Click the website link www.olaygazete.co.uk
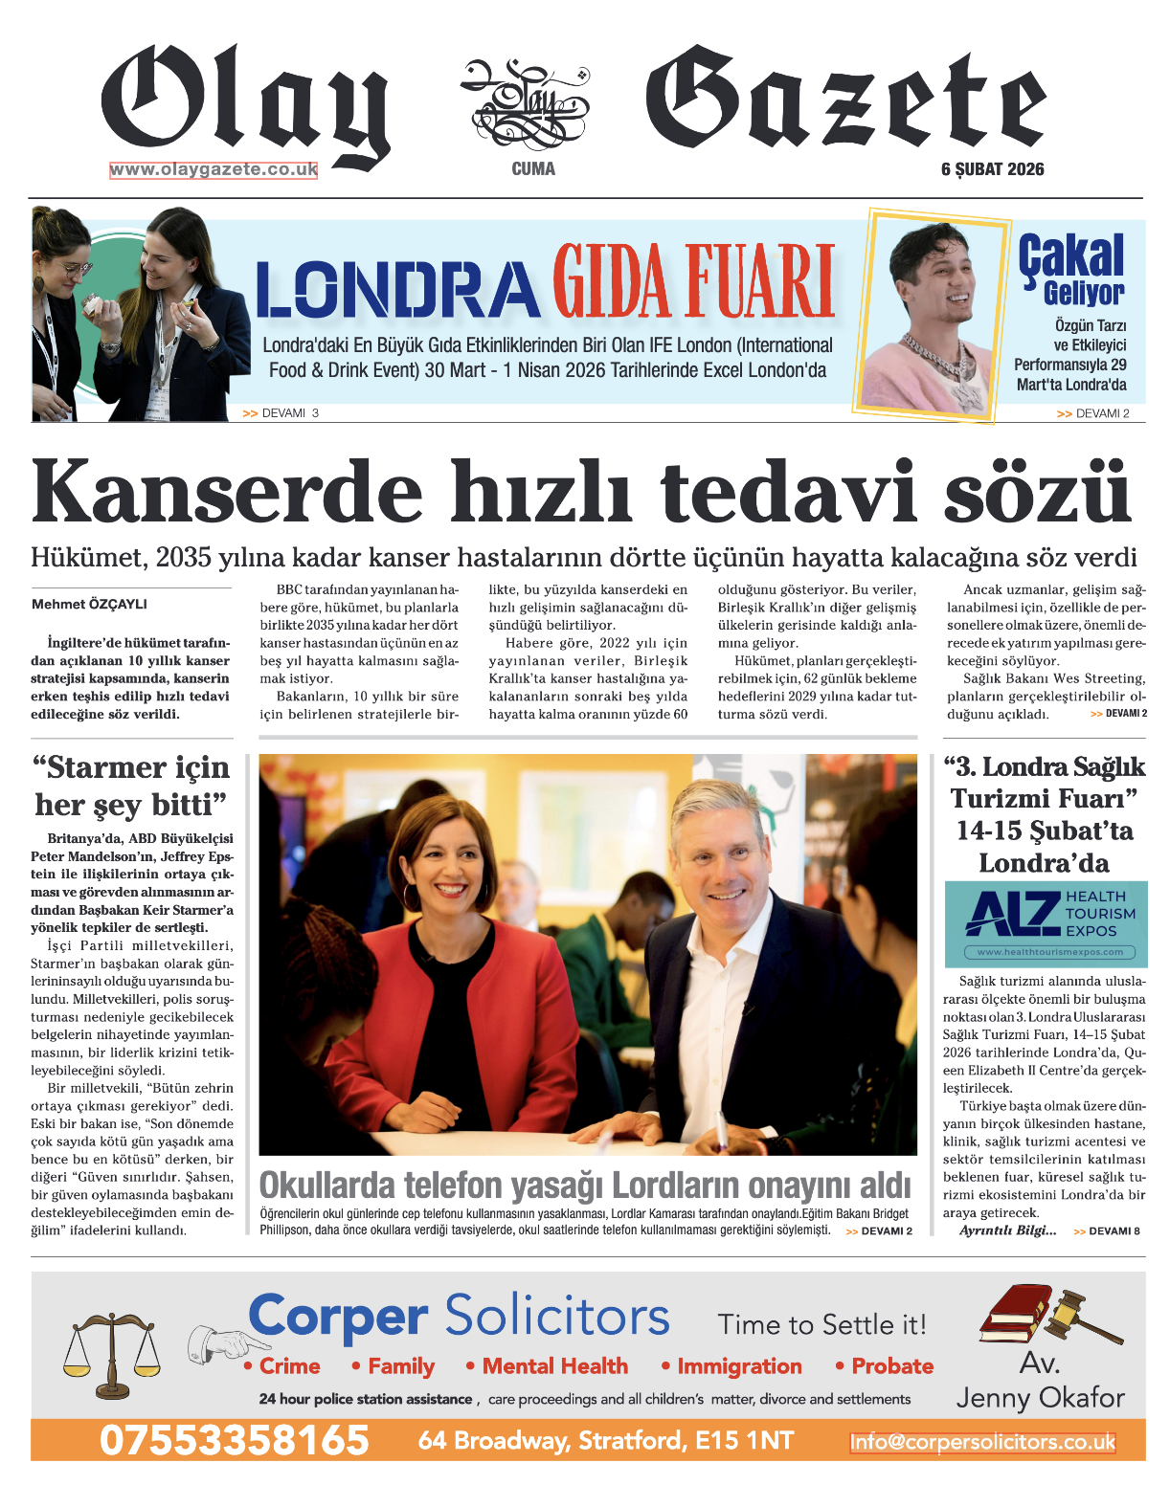point(214,170)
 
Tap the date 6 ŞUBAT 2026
point(992,169)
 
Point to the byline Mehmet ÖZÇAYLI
point(89,604)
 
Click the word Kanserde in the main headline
point(227,493)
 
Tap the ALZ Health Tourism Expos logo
point(1046,923)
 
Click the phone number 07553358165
point(235,1440)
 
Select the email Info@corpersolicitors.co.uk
point(982,1442)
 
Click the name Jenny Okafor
point(1041,1398)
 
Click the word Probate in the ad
point(891,1366)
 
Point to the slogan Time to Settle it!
point(822,1325)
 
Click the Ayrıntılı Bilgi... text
point(1008,1230)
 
